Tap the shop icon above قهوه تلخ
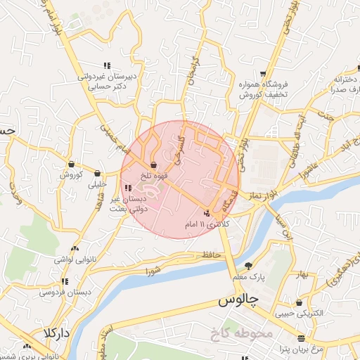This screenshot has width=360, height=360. coord(153,165)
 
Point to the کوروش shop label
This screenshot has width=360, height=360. coord(71,174)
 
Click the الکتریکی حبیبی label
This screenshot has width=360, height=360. coord(300,314)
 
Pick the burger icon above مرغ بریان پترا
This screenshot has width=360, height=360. coord(301,338)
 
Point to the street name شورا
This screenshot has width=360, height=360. coord(154,270)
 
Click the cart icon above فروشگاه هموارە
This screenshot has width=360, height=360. coord(262,73)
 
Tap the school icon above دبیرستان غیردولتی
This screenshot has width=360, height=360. coord(106,65)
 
